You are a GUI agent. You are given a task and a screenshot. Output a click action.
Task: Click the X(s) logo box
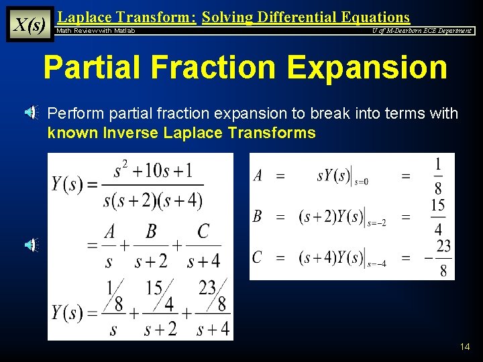tap(30, 25)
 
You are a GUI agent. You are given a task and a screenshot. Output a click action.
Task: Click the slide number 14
tap(465, 347)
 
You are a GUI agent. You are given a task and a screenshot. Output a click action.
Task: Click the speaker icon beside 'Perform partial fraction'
tap(32, 113)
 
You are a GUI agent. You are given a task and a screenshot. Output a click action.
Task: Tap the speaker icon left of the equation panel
tap(32, 245)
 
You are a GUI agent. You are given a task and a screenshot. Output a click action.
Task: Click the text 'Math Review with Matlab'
tap(96, 31)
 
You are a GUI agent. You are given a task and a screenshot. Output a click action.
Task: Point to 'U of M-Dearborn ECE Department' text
tap(422, 31)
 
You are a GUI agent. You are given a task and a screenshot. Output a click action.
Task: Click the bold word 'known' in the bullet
tap(73, 133)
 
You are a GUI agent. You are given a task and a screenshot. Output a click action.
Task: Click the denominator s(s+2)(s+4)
tap(153, 199)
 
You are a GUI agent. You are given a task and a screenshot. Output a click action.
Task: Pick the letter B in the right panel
tap(257, 216)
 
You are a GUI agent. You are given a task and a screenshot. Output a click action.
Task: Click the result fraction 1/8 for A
tap(437, 176)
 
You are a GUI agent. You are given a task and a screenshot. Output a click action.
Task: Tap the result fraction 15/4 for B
tap(437, 217)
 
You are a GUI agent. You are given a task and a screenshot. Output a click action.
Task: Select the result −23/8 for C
tap(437, 258)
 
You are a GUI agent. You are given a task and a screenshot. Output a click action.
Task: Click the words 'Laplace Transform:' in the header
tap(127, 17)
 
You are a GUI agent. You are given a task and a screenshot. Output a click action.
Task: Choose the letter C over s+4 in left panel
tap(203, 232)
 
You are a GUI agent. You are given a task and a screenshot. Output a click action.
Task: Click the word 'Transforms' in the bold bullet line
tap(276, 133)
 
